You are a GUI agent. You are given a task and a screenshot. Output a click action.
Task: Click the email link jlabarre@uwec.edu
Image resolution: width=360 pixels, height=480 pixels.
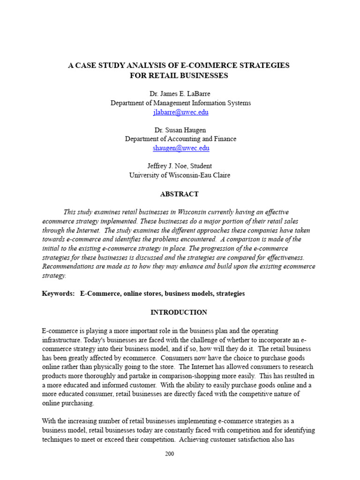180,112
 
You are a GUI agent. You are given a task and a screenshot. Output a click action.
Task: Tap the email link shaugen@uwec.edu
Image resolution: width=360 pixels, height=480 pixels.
180,148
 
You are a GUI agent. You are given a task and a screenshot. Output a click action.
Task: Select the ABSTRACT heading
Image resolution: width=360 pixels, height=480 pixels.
180,194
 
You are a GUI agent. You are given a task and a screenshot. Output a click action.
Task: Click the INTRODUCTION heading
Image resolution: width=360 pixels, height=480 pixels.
179,312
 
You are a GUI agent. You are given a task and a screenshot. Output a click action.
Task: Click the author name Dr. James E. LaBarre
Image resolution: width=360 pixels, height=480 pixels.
180,94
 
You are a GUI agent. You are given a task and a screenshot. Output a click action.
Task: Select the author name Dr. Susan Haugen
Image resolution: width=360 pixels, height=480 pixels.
180,130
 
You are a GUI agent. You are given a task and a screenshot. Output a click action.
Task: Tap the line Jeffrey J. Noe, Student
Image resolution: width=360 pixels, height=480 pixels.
180,166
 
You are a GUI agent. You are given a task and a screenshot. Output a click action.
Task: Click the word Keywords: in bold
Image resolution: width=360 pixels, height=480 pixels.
58,293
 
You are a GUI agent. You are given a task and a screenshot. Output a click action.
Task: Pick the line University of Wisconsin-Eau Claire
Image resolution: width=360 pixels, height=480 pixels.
180,175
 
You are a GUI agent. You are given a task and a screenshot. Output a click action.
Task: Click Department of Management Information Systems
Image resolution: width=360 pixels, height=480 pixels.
180,103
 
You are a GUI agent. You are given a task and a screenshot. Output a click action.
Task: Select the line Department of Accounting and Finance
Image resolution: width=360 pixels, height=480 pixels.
180,139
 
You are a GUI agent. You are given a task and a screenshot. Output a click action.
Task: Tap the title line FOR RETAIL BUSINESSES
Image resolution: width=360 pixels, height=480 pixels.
179,75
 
